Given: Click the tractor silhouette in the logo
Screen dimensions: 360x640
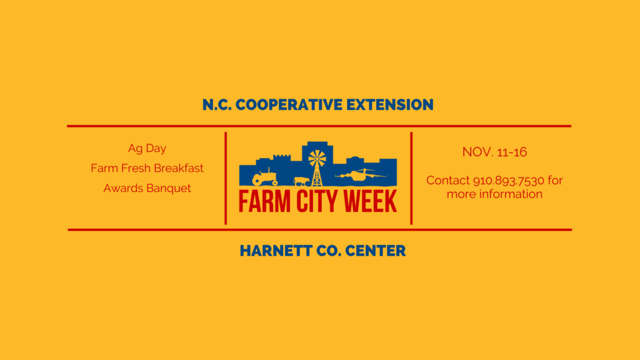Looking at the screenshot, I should tap(264, 178).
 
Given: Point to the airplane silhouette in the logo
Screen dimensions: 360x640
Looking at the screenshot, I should tap(360, 176).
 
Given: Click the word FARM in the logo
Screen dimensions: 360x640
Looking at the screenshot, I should tap(262, 201).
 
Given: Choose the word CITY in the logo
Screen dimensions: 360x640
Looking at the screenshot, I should tap(314, 201).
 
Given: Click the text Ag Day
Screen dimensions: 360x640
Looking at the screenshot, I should tap(147, 149).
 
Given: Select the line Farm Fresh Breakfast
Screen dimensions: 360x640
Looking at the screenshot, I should tap(147, 168).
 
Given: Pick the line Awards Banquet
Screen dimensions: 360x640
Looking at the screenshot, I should tap(147, 188).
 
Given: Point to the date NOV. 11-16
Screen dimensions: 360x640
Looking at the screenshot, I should tap(494, 152).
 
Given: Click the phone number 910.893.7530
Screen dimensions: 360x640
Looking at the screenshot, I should tap(509, 181).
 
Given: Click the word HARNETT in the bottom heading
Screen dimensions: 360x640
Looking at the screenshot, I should tap(274, 251).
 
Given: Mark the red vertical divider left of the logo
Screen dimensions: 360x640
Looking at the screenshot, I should tap(226, 178).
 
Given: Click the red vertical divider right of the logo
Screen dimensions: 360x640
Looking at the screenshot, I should tap(411, 178).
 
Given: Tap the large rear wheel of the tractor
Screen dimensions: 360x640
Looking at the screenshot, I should tap(257, 181).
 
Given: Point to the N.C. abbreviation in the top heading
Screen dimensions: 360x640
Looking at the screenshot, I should tap(217, 104).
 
